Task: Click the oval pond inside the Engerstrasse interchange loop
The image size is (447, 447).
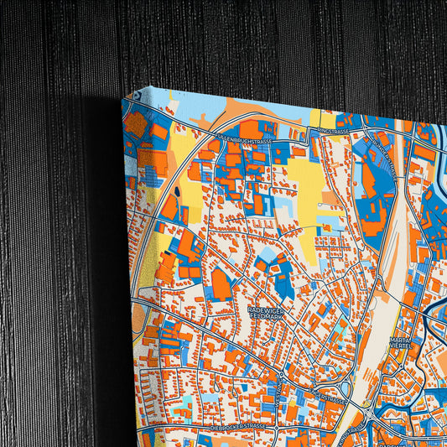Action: [x=346, y=387]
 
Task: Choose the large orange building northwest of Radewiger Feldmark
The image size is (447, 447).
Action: [x=220, y=284]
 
